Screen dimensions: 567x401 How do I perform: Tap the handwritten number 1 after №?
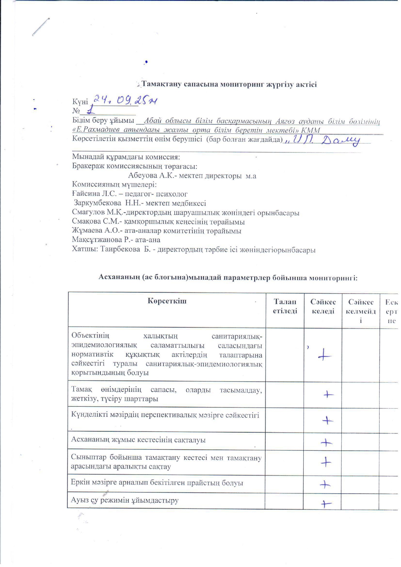[91, 110]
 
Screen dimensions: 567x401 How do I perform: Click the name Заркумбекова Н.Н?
[102, 204]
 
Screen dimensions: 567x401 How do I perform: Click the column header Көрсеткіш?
[167, 301]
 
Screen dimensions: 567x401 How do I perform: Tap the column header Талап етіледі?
[285, 306]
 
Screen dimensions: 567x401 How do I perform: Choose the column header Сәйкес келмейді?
[361, 311]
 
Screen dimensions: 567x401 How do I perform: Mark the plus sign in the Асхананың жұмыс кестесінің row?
[326, 443]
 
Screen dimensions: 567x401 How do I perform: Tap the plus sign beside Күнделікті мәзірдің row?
[327, 420]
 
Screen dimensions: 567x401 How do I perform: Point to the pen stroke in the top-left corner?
[41, 27]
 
